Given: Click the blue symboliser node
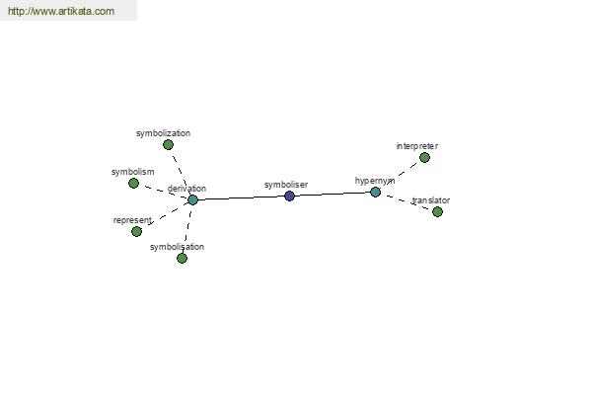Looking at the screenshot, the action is (x=289, y=196).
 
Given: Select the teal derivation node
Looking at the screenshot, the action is (x=193, y=199).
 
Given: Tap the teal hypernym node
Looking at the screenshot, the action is (x=375, y=192).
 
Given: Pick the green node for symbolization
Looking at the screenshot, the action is (x=169, y=144).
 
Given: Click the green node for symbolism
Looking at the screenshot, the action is (x=133, y=184).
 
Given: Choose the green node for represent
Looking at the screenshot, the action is (x=137, y=231).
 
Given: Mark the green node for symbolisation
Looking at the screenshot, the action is (x=182, y=258).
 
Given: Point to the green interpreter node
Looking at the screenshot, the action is (x=424, y=157).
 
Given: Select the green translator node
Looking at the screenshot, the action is (x=437, y=211).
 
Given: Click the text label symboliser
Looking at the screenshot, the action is (x=286, y=185).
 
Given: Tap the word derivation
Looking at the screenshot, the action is (x=186, y=189).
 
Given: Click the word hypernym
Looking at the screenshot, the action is (x=375, y=181).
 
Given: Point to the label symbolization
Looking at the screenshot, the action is (x=163, y=133).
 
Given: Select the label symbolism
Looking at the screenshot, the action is (x=133, y=172).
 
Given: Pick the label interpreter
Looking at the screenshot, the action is (x=417, y=146).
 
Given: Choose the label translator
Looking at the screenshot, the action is (x=431, y=200).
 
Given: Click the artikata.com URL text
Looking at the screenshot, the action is (x=61, y=11).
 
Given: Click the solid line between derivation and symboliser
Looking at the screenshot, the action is (x=242, y=197).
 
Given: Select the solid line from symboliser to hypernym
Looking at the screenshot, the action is (x=333, y=194).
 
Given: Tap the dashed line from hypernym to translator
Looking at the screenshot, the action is (x=407, y=201).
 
